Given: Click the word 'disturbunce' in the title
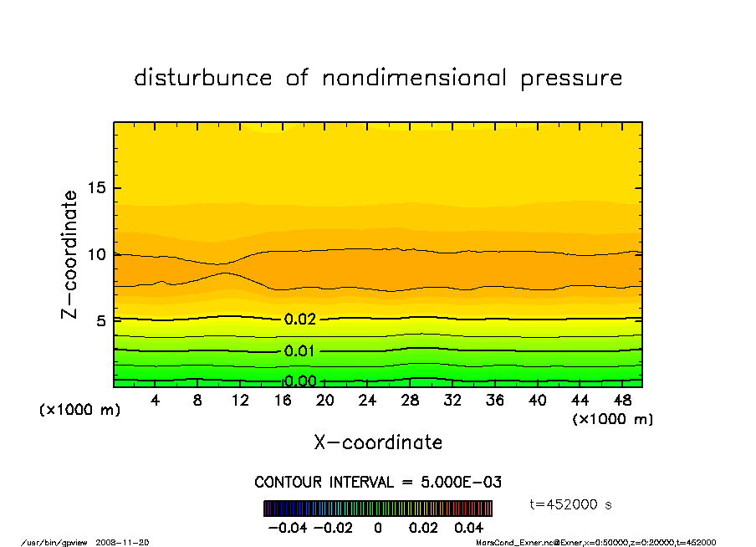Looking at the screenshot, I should click(203, 79).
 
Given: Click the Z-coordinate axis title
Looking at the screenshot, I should click(70, 254).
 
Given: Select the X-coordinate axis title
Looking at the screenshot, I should click(378, 442).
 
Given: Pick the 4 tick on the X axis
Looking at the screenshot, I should click(156, 401).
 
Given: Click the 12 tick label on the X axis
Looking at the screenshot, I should click(240, 401).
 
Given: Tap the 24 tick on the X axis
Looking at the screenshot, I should click(367, 401).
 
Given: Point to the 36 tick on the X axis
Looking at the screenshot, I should click(495, 401).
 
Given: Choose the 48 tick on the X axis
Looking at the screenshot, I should click(622, 401).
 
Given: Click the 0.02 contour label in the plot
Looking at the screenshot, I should click(300, 320).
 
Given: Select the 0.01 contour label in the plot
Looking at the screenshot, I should click(300, 350).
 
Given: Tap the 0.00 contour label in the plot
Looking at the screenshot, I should click(300, 381).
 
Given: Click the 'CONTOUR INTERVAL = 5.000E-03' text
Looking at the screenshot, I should click(378, 482).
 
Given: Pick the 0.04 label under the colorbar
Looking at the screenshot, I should click(469, 529).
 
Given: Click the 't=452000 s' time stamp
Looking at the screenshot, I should click(571, 504).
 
